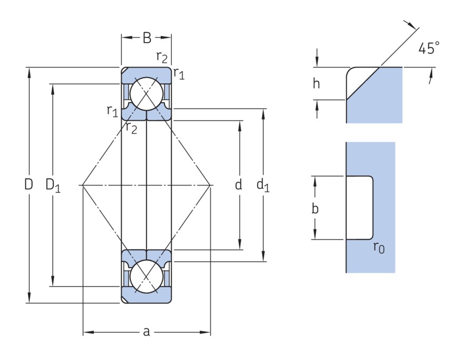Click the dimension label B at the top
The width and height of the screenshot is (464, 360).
click(147, 37)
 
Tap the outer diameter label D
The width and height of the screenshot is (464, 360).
click(28, 184)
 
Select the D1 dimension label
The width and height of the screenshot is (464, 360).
click(53, 185)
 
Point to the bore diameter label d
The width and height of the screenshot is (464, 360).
click(238, 185)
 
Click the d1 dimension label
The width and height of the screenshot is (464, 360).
click(263, 185)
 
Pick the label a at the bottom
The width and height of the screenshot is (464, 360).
click(147, 332)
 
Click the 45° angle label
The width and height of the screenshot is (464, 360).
click(429, 49)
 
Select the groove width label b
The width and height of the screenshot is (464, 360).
click(315, 208)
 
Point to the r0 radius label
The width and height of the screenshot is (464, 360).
click(379, 247)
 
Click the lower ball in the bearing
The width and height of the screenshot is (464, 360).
click(147, 276)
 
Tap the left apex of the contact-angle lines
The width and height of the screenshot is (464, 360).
click(83, 185)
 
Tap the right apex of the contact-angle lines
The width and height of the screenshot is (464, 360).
click(210, 185)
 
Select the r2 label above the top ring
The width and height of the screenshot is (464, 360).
click(162, 56)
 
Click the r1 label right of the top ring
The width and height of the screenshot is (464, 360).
click(179, 73)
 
